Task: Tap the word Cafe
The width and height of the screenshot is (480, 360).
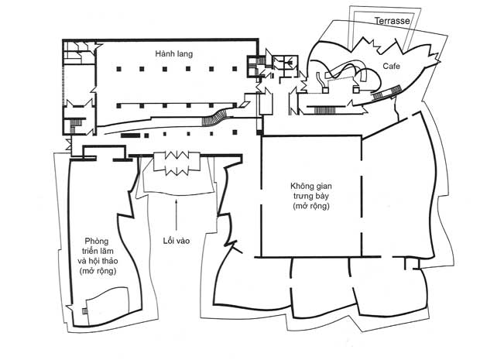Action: pyautogui.click(x=391, y=67)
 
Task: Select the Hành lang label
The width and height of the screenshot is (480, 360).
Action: pyautogui.click(x=173, y=53)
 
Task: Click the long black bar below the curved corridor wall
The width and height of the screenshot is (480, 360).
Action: pyautogui.click(x=130, y=135)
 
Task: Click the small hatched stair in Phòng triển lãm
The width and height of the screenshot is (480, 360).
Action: pyautogui.click(x=84, y=309)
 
